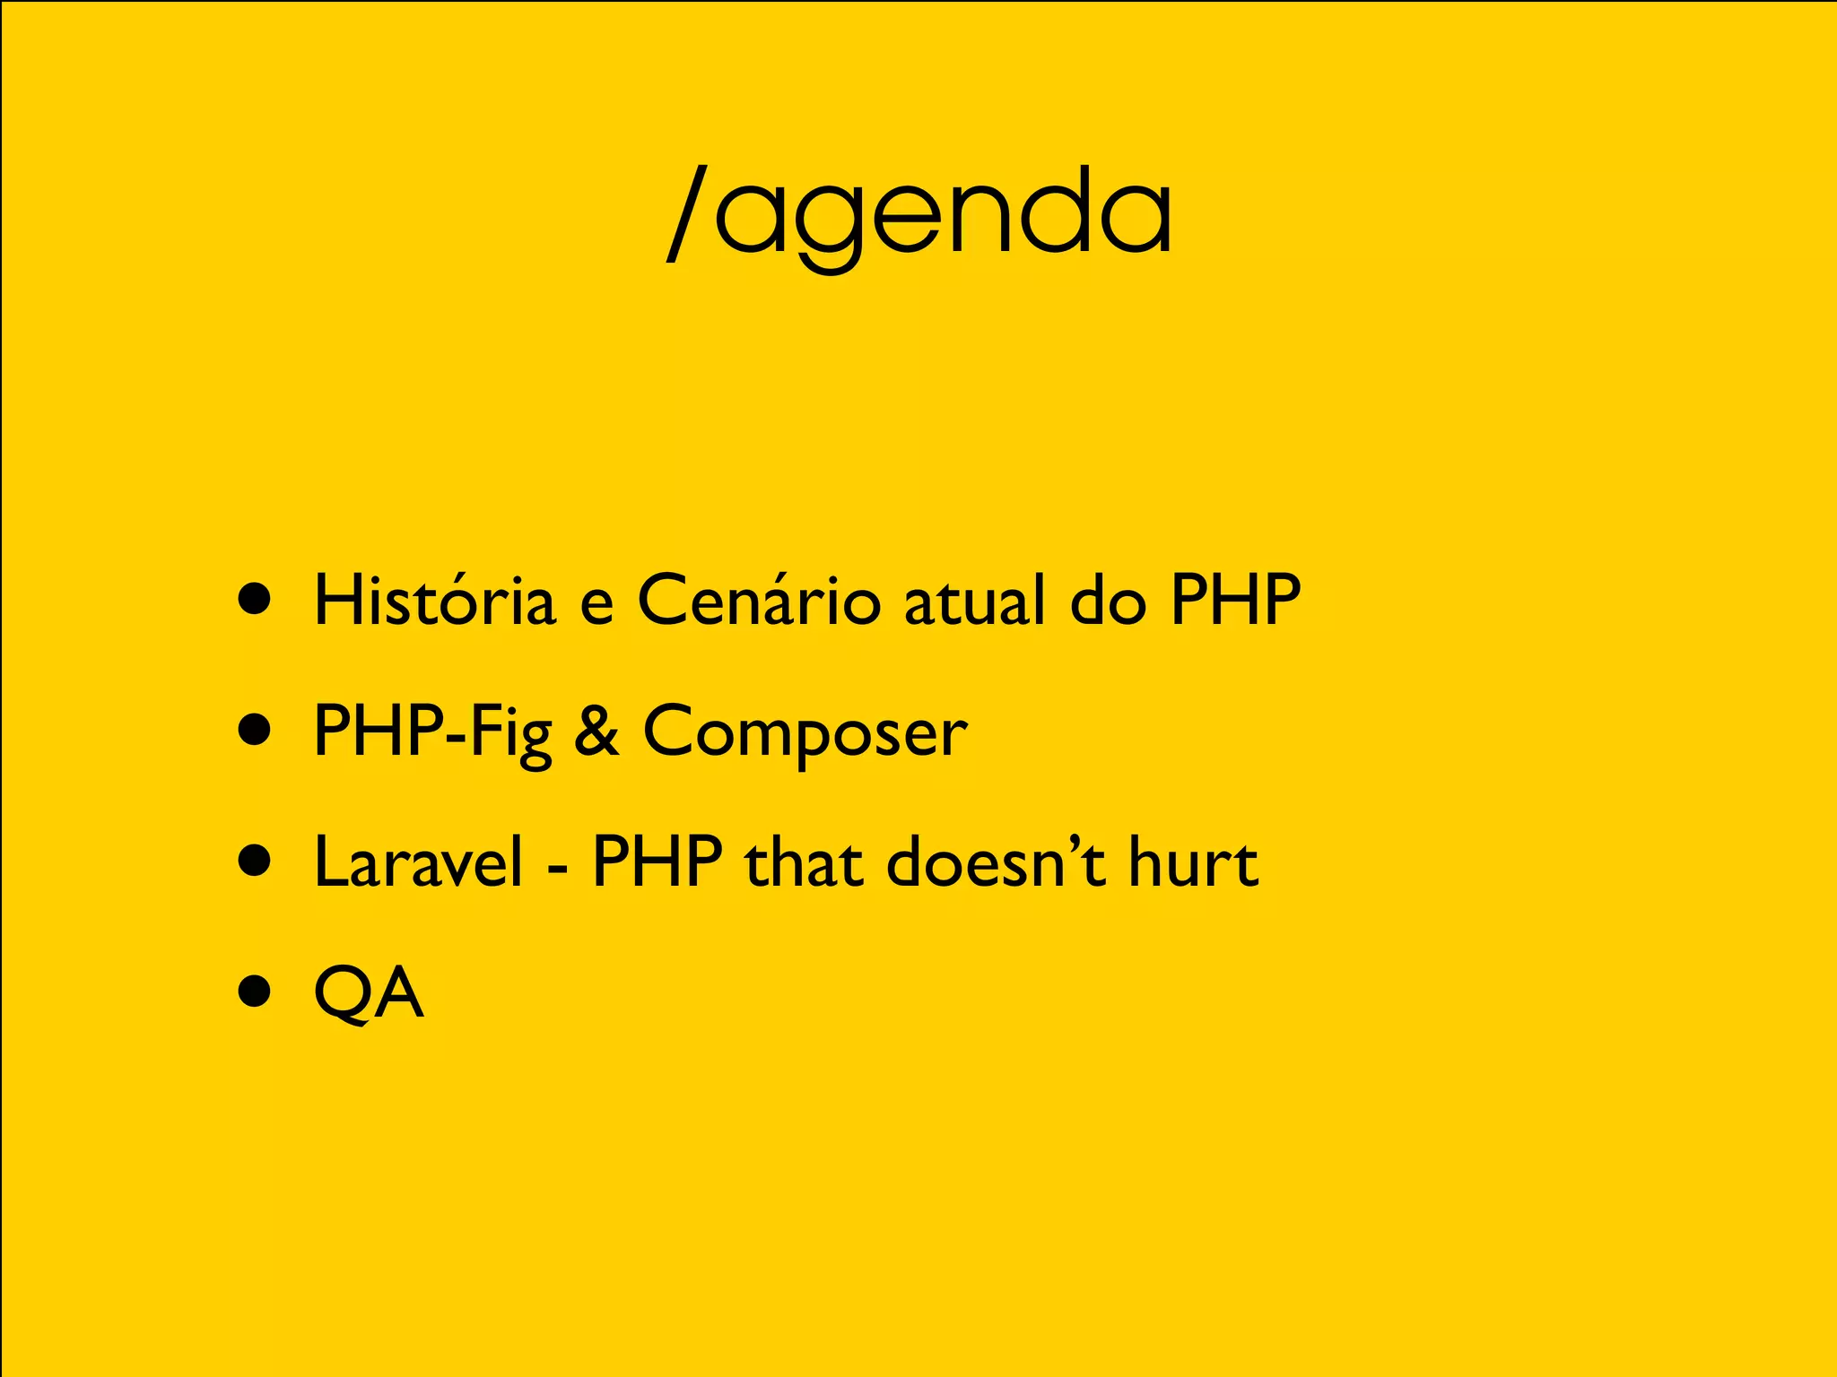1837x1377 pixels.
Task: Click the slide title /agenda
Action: pyautogui.click(x=919, y=215)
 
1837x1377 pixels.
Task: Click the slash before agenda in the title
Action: pyautogui.click(x=689, y=215)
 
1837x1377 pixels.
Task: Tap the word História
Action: pyautogui.click(x=434, y=600)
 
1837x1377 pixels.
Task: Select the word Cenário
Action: pyautogui.click(x=759, y=600)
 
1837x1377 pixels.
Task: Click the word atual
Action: pyautogui.click(x=975, y=600)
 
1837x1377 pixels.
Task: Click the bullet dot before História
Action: pyautogui.click(x=256, y=600)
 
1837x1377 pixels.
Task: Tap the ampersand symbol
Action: pyautogui.click(x=596, y=731)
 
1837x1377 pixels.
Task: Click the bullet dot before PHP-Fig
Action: pyautogui.click(x=256, y=730)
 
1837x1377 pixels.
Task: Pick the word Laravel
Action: pyautogui.click(x=418, y=862)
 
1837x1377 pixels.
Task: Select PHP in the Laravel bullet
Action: pyautogui.click(x=657, y=862)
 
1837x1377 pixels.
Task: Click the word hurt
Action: pyautogui.click(x=1193, y=862)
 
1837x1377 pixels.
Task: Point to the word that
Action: pyautogui.click(x=805, y=862)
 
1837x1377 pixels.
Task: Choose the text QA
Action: pyautogui.click(x=369, y=992)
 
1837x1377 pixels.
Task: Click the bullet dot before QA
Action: pyautogui.click(x=256, y=992)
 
